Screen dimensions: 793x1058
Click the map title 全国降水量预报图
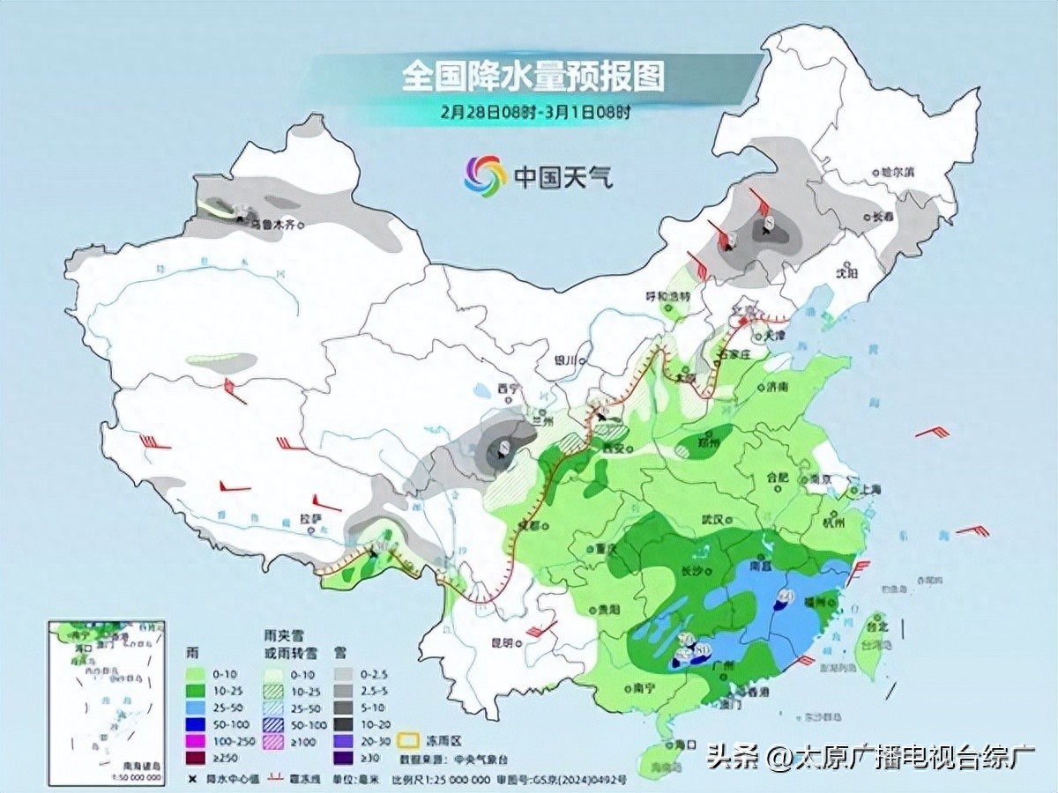pos(533,77)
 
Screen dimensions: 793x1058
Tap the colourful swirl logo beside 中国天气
pos(486,176)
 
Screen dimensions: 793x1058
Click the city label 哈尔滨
pos(898,173)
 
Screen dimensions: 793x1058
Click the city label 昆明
pos(503,643)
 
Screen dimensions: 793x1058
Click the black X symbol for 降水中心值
pos(191,780)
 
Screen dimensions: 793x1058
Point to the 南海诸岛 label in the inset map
pos(139,768)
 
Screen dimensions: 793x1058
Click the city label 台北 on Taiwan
pos(875,626)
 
